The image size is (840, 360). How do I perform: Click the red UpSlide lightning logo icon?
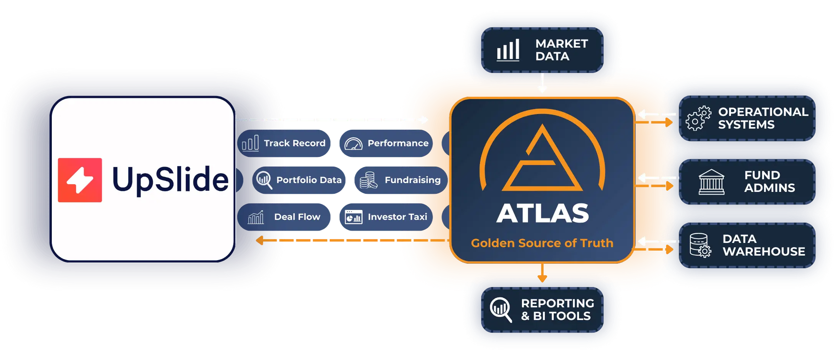[x=80, y=180]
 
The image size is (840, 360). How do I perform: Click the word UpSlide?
[x=170, y=180]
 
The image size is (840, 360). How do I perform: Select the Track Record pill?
[x=284, y=143]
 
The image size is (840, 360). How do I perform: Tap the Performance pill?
[x=386, y=143]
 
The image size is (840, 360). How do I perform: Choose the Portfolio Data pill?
[x=299, y=180]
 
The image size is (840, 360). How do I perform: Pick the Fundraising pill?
[x=401, y=180]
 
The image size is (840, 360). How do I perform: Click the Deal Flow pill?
[x=284, y=217]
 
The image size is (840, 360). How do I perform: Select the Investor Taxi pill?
[x=386, y=217]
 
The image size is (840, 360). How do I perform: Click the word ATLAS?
[x=542, y=213]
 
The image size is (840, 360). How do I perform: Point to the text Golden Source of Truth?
[x=542, y=243]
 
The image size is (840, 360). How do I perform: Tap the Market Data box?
[x=542, y=50]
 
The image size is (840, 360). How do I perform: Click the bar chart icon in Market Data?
[x=508, y=50]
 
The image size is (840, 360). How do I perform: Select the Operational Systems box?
[x=747, y=118]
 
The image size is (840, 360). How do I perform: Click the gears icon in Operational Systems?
[x=698, y=118]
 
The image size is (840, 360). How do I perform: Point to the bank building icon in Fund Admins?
[x=711, y=182]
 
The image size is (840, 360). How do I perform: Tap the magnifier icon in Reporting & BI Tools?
[x=501, y=309]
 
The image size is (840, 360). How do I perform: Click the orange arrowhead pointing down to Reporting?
[x=542, y=278]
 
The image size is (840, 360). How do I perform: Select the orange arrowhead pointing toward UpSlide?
[x=260, y=240]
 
